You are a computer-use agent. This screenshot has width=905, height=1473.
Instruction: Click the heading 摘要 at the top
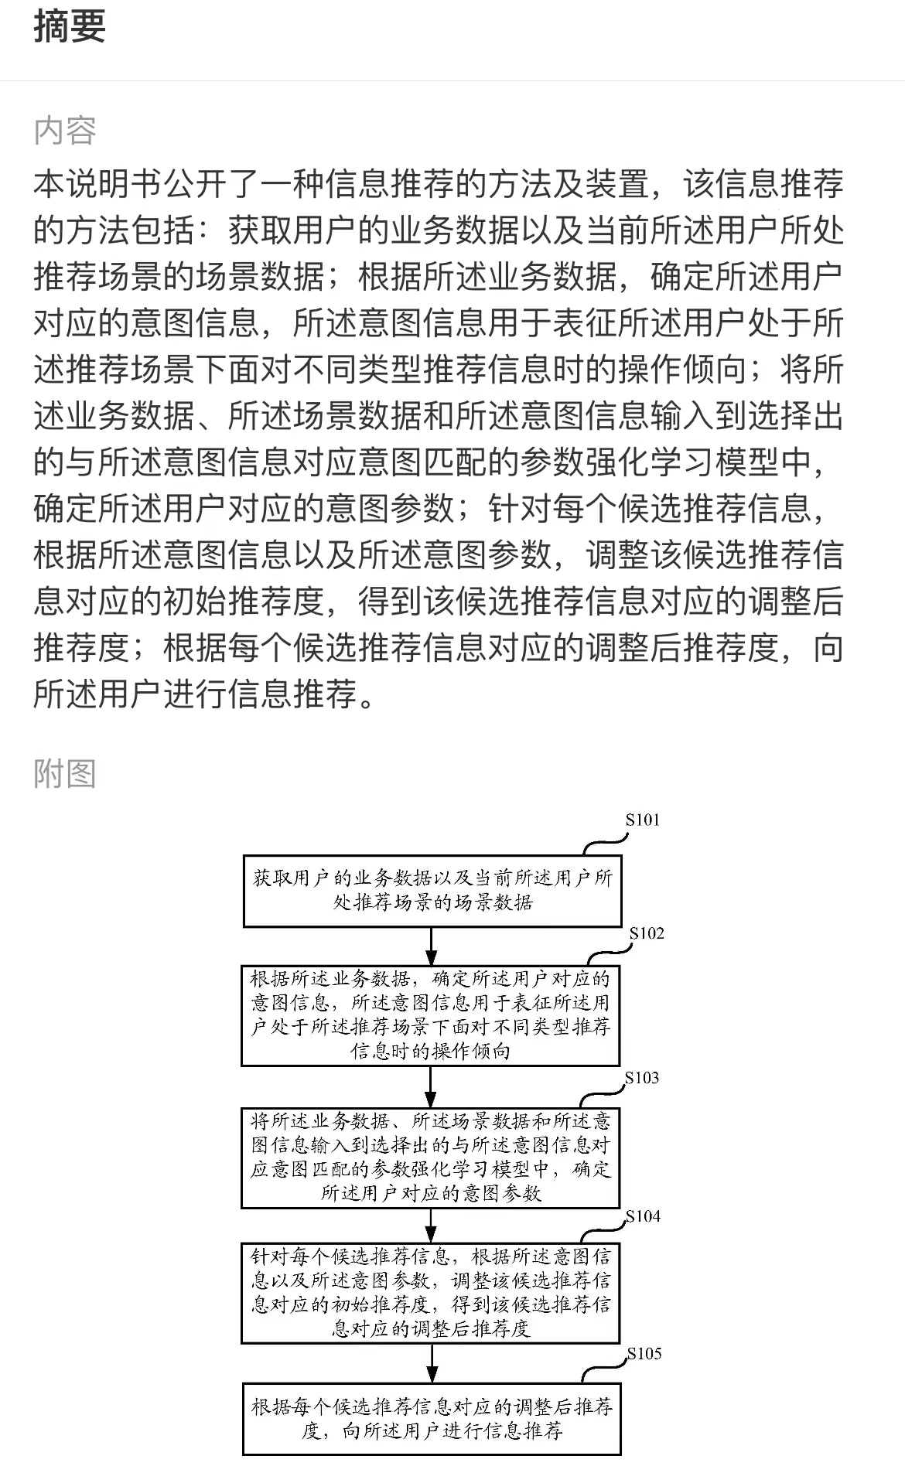click(70, 26)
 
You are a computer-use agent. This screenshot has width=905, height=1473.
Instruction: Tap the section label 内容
click(65, 131)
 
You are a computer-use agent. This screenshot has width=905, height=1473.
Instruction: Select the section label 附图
click(65, 773)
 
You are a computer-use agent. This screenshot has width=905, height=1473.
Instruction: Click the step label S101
click(643, 820)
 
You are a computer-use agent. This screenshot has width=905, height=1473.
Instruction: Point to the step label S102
click(647, 933)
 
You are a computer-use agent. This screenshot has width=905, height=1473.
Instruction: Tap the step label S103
click(642, 1078)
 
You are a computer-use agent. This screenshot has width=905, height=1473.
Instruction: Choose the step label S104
click(644, 1216)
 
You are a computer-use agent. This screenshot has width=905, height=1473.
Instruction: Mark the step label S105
click(644, 1353)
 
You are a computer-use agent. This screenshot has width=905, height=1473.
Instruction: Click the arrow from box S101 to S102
click(432, 946)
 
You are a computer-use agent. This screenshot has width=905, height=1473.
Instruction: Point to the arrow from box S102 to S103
click(432, 1087)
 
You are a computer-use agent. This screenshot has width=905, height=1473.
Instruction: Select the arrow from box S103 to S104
click(432, 1226)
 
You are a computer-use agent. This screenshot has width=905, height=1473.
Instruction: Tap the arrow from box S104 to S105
click(432, 1363)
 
